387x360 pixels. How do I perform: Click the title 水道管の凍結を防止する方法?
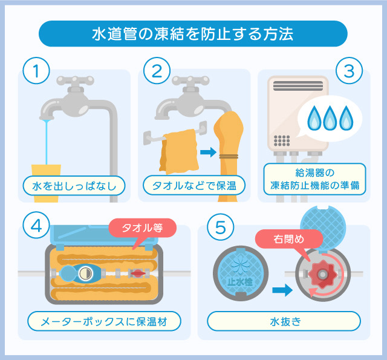[x=193, y=33]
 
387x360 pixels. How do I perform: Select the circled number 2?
[x=157, y=71]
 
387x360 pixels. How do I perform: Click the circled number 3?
[x=349, y=71]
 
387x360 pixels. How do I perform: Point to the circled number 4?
[x=37, y=226]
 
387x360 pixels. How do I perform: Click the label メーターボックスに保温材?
[x=105, y=320]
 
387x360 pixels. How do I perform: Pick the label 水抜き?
[x=284, y=320]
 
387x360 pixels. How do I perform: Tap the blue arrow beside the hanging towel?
[x=207, y=152]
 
